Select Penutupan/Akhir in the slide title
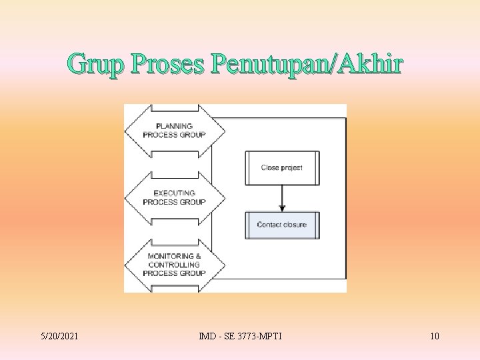pos(307,65)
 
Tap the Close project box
pos(282,168)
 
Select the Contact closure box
pos(282,225)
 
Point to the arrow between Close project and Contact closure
pos(282,197)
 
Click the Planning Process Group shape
pos(174,131)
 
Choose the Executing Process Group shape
pos(174,197)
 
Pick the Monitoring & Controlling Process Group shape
pos(174,264)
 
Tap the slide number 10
pos(434,336)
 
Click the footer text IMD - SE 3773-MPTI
pos(240,336)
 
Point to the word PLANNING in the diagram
pos(174,126)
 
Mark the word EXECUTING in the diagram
pos(174,193)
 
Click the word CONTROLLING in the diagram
pos(174,265)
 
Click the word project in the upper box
pos(291,168)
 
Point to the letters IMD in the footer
pos(207,336)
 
